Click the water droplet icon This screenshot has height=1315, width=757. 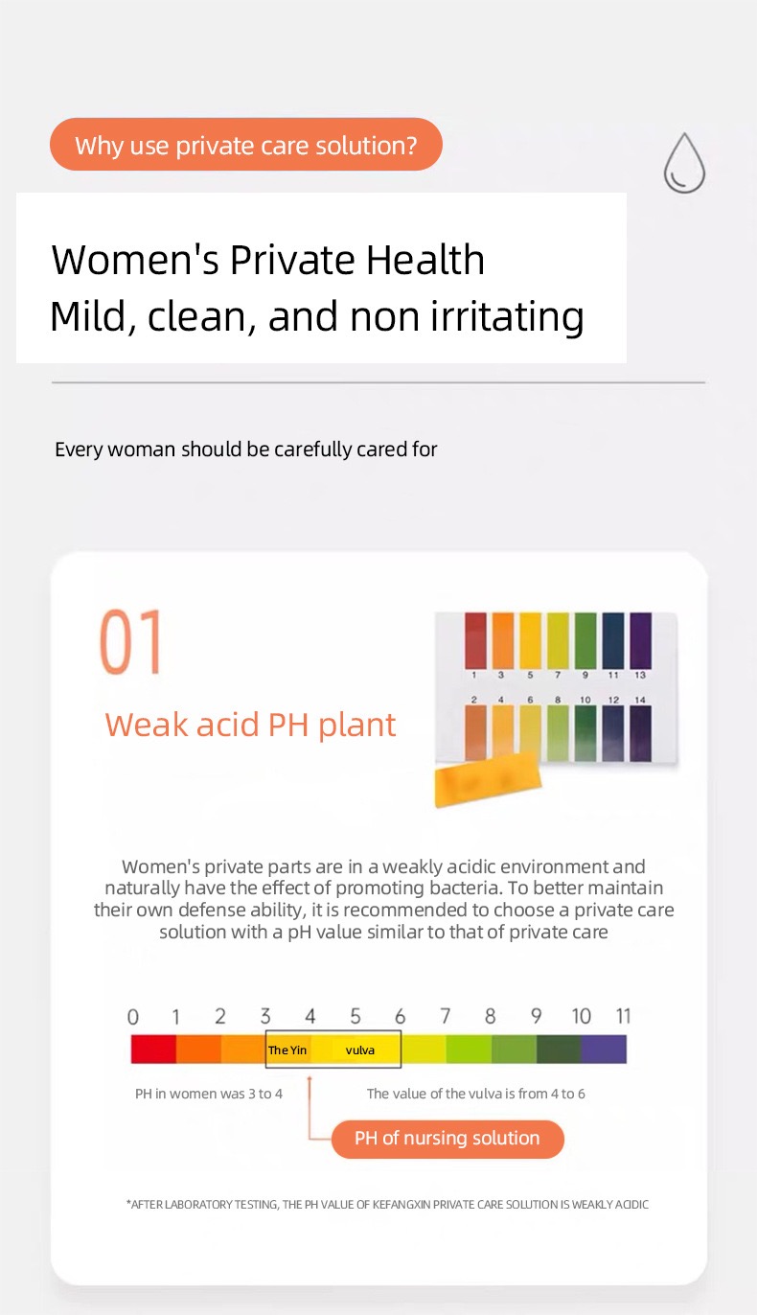point(684,163)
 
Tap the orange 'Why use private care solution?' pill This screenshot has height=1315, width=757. point(246,145)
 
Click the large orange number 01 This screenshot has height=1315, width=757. point(132,641)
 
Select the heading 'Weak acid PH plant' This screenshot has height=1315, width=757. point(250,725)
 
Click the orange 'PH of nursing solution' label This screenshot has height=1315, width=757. point(447,1139)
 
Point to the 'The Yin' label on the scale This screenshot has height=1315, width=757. point(287,1050)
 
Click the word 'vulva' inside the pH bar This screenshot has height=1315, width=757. point(360,1050)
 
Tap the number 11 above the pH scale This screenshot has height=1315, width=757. point(623,1016)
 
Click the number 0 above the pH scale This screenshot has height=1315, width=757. point(133,1017)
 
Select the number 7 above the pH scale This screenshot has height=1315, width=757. point(445,1016)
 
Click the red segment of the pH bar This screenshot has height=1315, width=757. point(153,1050)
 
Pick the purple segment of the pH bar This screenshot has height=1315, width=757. point(604,1050)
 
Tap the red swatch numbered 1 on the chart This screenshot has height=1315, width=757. point(475,641)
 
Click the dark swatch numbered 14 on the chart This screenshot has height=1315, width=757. point(640,733)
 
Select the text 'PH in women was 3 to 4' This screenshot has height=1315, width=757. point(209,1094)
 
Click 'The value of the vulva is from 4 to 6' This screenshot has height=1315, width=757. point(475,1094)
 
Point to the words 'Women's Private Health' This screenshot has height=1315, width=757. point(268,261)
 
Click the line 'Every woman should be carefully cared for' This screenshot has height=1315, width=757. point(246,450)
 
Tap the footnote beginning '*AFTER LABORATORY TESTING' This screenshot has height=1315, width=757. point(387,1204)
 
